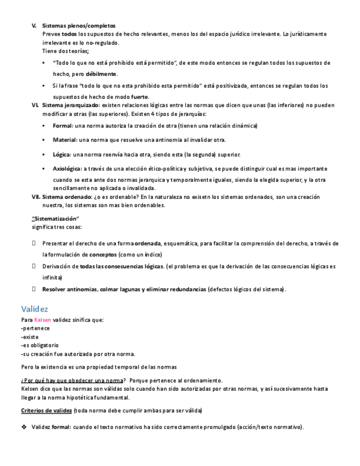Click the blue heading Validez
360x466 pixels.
click(x=35, y=309)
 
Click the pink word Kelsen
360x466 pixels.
click(x=43, y=320)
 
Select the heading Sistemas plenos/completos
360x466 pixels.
click(x=79, y=25)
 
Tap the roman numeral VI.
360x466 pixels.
click(x=35, y=105)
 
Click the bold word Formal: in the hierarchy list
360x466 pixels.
click(x=63, y=125)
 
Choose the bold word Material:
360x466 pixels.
click(x=65, y=140)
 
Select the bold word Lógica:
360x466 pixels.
click(x=62, y=154)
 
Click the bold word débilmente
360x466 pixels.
click(x=101, y=74)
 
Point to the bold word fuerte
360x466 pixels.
click(x=140, y=96)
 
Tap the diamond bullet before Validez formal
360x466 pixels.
click(x=24, y=427)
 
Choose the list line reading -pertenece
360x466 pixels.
click(x=35, y=328)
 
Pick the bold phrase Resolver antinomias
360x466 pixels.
click(x=70, y=289)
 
